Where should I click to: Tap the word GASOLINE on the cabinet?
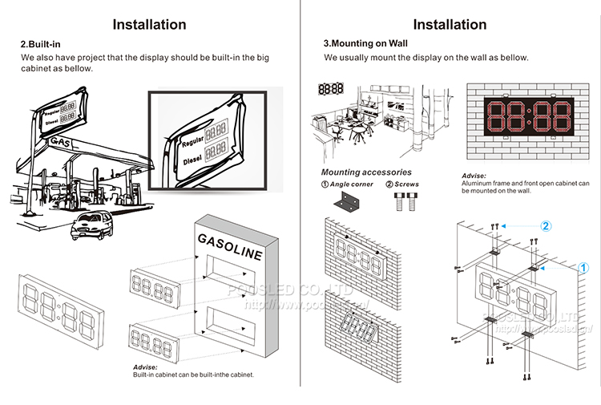click(x=229, y=247)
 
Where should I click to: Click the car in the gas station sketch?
click(x=90, y=227)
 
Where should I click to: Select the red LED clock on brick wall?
click(x=530, y=118)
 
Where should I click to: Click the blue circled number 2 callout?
click(x=547, y=227)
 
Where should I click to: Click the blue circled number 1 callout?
click(x=584, y=268)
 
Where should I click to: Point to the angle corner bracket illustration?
click(x=346, y=204)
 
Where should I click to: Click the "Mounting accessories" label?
click(x=366, y=172)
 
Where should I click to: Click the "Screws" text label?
click(x=406, y=184)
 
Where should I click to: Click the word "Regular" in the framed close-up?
click(x=193, y=143)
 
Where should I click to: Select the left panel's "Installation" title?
click(x=150, y=24)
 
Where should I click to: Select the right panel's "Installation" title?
click(x=450, y=24)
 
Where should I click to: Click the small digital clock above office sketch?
click(x=331, y=89)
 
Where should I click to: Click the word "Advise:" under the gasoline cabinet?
click(x=145, y=367)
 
